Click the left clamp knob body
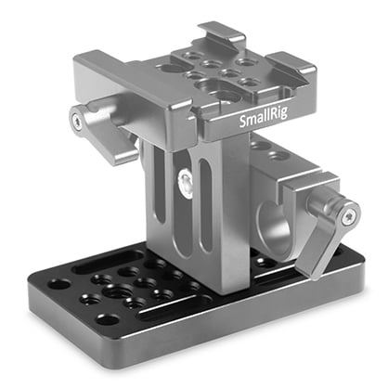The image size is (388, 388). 102,130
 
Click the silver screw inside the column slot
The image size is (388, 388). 188,179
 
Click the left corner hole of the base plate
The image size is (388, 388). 60,284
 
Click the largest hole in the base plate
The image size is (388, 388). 116,291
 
